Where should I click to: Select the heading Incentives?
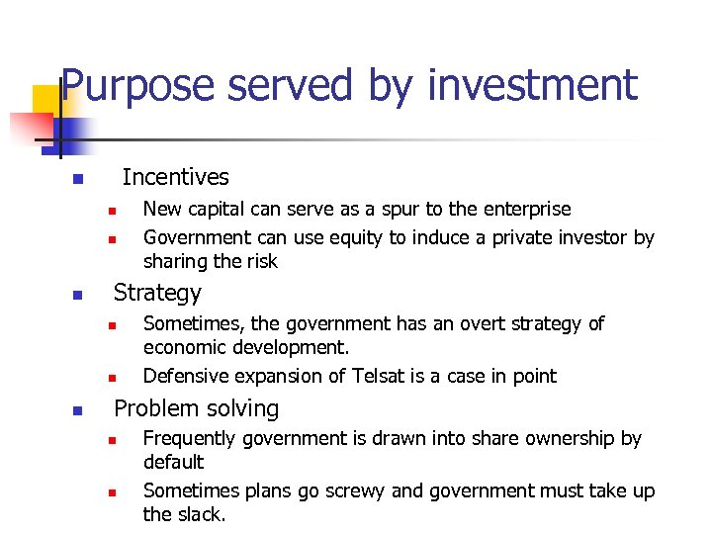point(175,177)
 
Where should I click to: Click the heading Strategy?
point(157,293)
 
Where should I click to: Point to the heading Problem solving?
point(197,408)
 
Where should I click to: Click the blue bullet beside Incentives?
point(76,180)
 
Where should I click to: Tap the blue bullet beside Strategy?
point(76,296)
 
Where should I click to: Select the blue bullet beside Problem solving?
point(76,411)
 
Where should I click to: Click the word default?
point(174,462)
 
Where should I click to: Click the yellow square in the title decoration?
point(46,100)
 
